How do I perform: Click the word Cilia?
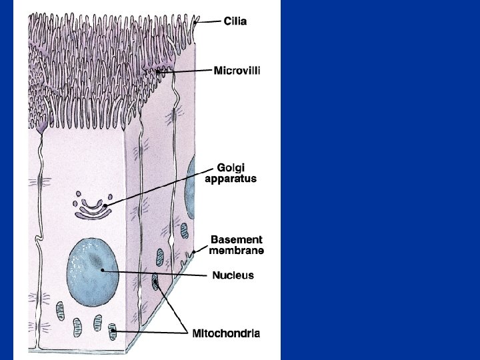point(235,21)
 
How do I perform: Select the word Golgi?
point(230,167)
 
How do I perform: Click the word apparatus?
point(230,179)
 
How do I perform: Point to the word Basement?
point(236,239)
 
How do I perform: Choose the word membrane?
point(236,251)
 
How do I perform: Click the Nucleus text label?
point(233,275)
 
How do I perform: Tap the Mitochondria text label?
point(226,332)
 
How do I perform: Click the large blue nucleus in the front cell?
point(93,268)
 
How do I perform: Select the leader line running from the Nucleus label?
point(153,273)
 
